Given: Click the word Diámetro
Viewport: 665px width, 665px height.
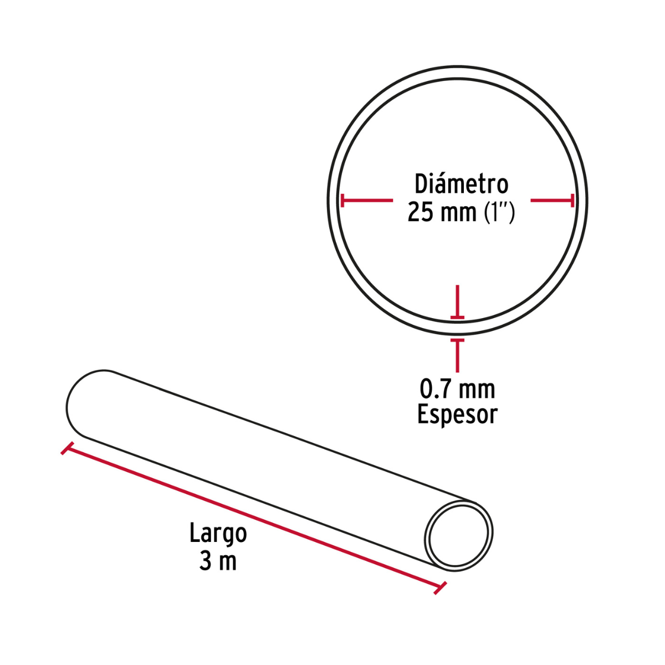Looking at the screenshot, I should tap(461, 184).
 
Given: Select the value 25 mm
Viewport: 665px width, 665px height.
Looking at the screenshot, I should tap(442, 212).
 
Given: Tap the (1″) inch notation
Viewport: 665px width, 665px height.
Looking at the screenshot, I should tap(499, 212).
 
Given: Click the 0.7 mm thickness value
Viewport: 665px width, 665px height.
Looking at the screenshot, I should tap(457, 389).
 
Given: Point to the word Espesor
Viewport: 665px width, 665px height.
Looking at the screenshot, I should tap(457, 415).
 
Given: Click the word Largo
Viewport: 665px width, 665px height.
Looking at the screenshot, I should tap(218, 534).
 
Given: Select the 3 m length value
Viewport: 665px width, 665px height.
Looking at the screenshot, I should tap(218, 561).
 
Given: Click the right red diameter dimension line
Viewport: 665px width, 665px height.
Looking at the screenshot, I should tap(552, 201).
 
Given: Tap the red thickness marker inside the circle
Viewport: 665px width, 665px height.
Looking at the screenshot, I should tap(457, 302).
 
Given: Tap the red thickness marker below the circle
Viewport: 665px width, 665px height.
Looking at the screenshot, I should tap(457, 355).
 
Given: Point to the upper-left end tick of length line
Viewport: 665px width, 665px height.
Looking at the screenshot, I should tap(67, 449).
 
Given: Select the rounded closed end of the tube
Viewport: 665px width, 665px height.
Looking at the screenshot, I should tap(80, 403).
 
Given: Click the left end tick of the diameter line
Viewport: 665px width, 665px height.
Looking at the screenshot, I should tap(342, 201).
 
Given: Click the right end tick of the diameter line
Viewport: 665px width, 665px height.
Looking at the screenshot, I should tap(572, 201).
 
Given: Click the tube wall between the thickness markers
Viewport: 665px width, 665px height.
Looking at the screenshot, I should tap(457, 328).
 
